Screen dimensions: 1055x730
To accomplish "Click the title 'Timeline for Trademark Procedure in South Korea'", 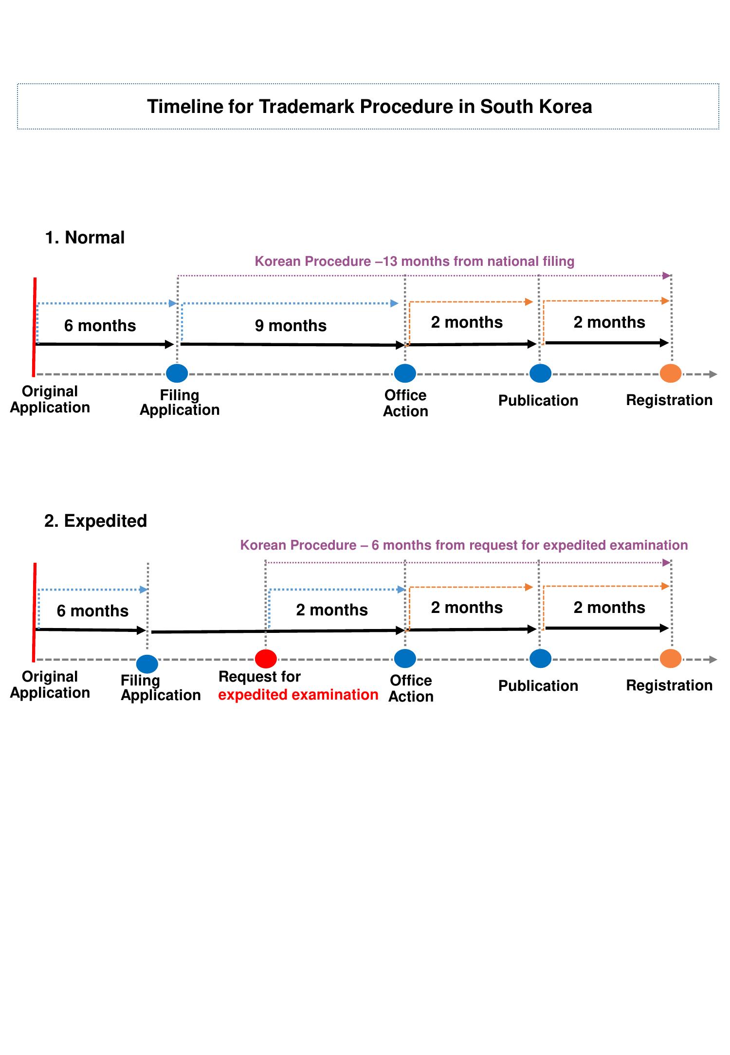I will coord(369,107).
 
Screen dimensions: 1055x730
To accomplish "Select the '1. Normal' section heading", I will coord(85,238).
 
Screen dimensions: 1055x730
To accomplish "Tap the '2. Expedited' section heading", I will coord(95,521).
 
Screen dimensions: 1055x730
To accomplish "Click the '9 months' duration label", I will coord(291,325).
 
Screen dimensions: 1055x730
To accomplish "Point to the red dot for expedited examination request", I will coord(266,659).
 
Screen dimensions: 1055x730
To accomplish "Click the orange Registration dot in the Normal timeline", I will coord(671,373).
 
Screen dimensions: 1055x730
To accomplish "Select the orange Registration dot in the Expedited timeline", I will coord(671,659).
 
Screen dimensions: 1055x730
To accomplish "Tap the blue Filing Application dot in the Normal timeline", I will coord(177,373).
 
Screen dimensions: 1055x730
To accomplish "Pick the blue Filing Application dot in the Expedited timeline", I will coord(147,664).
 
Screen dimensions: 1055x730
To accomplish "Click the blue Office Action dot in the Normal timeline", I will coord(405,373).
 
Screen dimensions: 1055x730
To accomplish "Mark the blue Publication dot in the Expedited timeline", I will coord(540,659).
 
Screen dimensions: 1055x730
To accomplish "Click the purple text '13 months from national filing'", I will coord(415,261).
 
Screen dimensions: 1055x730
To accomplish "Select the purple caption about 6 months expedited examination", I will coord(464,545).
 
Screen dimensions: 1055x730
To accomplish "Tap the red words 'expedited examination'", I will coord(298,695).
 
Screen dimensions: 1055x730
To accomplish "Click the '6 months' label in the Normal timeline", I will coord(100,325).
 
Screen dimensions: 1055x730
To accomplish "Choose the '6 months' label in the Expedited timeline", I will coord(92,611).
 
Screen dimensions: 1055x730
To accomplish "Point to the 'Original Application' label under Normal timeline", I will coord(50,399).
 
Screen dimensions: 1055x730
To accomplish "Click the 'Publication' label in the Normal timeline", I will coord(538,400).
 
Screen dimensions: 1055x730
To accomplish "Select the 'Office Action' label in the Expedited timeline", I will coord(411,688).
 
